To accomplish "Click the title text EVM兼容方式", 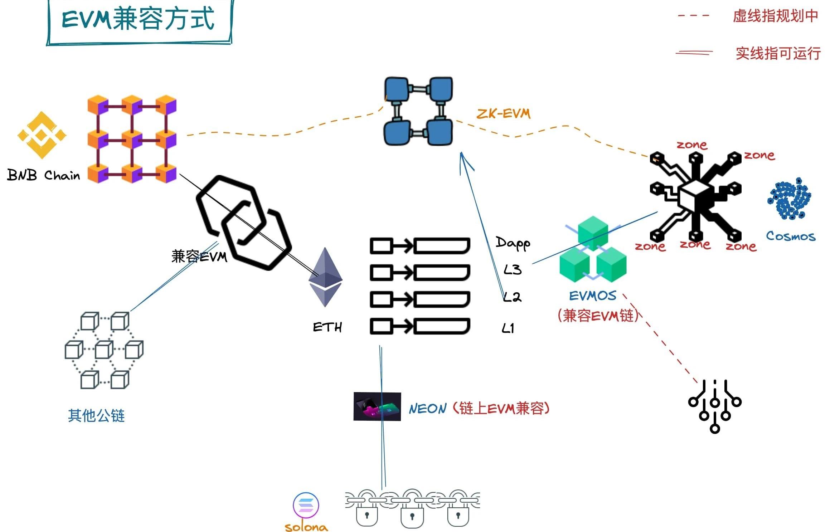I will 138,19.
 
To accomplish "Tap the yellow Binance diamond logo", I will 42,135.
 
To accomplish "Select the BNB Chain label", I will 43,175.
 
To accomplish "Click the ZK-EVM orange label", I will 503,114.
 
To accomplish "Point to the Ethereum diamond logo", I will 325,277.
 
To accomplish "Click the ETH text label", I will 327,327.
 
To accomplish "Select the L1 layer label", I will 508,328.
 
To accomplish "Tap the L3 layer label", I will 512,269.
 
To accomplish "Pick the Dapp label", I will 513,243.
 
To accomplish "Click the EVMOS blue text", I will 593,296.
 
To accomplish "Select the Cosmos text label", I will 791,236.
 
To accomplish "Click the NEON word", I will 428,409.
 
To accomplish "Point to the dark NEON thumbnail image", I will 377,406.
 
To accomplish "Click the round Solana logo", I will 306,505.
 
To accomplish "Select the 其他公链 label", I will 96,416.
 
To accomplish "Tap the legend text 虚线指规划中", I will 775,16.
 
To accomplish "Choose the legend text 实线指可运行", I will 778,53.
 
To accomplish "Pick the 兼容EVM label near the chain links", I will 199,257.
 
